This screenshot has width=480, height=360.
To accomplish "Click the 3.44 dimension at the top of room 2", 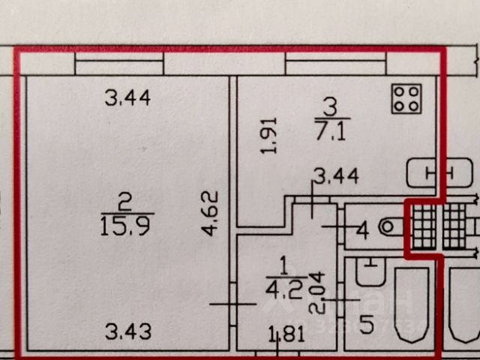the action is pos(127,97).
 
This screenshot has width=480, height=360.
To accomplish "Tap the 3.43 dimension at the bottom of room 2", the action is pos(127,330).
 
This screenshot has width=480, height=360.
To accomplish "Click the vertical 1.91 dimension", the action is pos(271,135).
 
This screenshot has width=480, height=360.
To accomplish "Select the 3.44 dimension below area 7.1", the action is pos(335,177).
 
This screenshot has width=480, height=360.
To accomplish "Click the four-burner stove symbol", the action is pos(406,97).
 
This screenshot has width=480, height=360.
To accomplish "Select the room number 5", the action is pos(366,325).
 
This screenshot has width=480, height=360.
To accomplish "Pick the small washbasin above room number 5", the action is pos(369,271).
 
